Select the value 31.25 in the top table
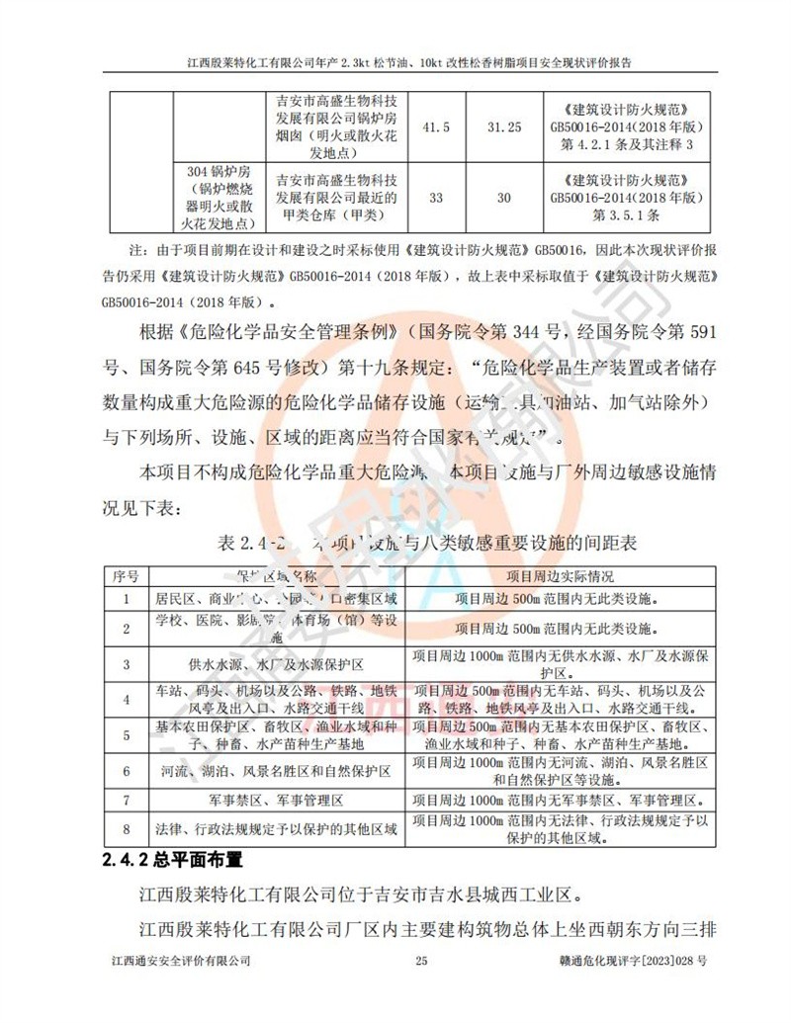click(504, 128)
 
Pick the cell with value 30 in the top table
click(504, 198)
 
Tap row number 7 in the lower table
click(126, 798)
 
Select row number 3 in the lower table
click(126, 663)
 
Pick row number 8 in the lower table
click(126, 828)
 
